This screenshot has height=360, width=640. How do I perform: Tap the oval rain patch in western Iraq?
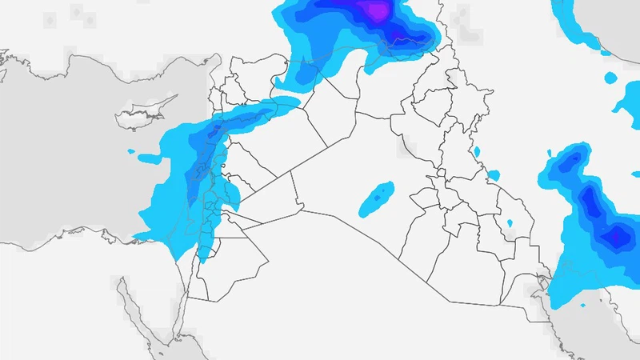376,198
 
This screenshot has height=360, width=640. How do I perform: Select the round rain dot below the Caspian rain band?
610,78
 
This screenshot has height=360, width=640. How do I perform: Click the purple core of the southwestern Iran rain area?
616,236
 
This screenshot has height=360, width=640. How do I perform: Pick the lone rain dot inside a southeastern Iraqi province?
510,222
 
